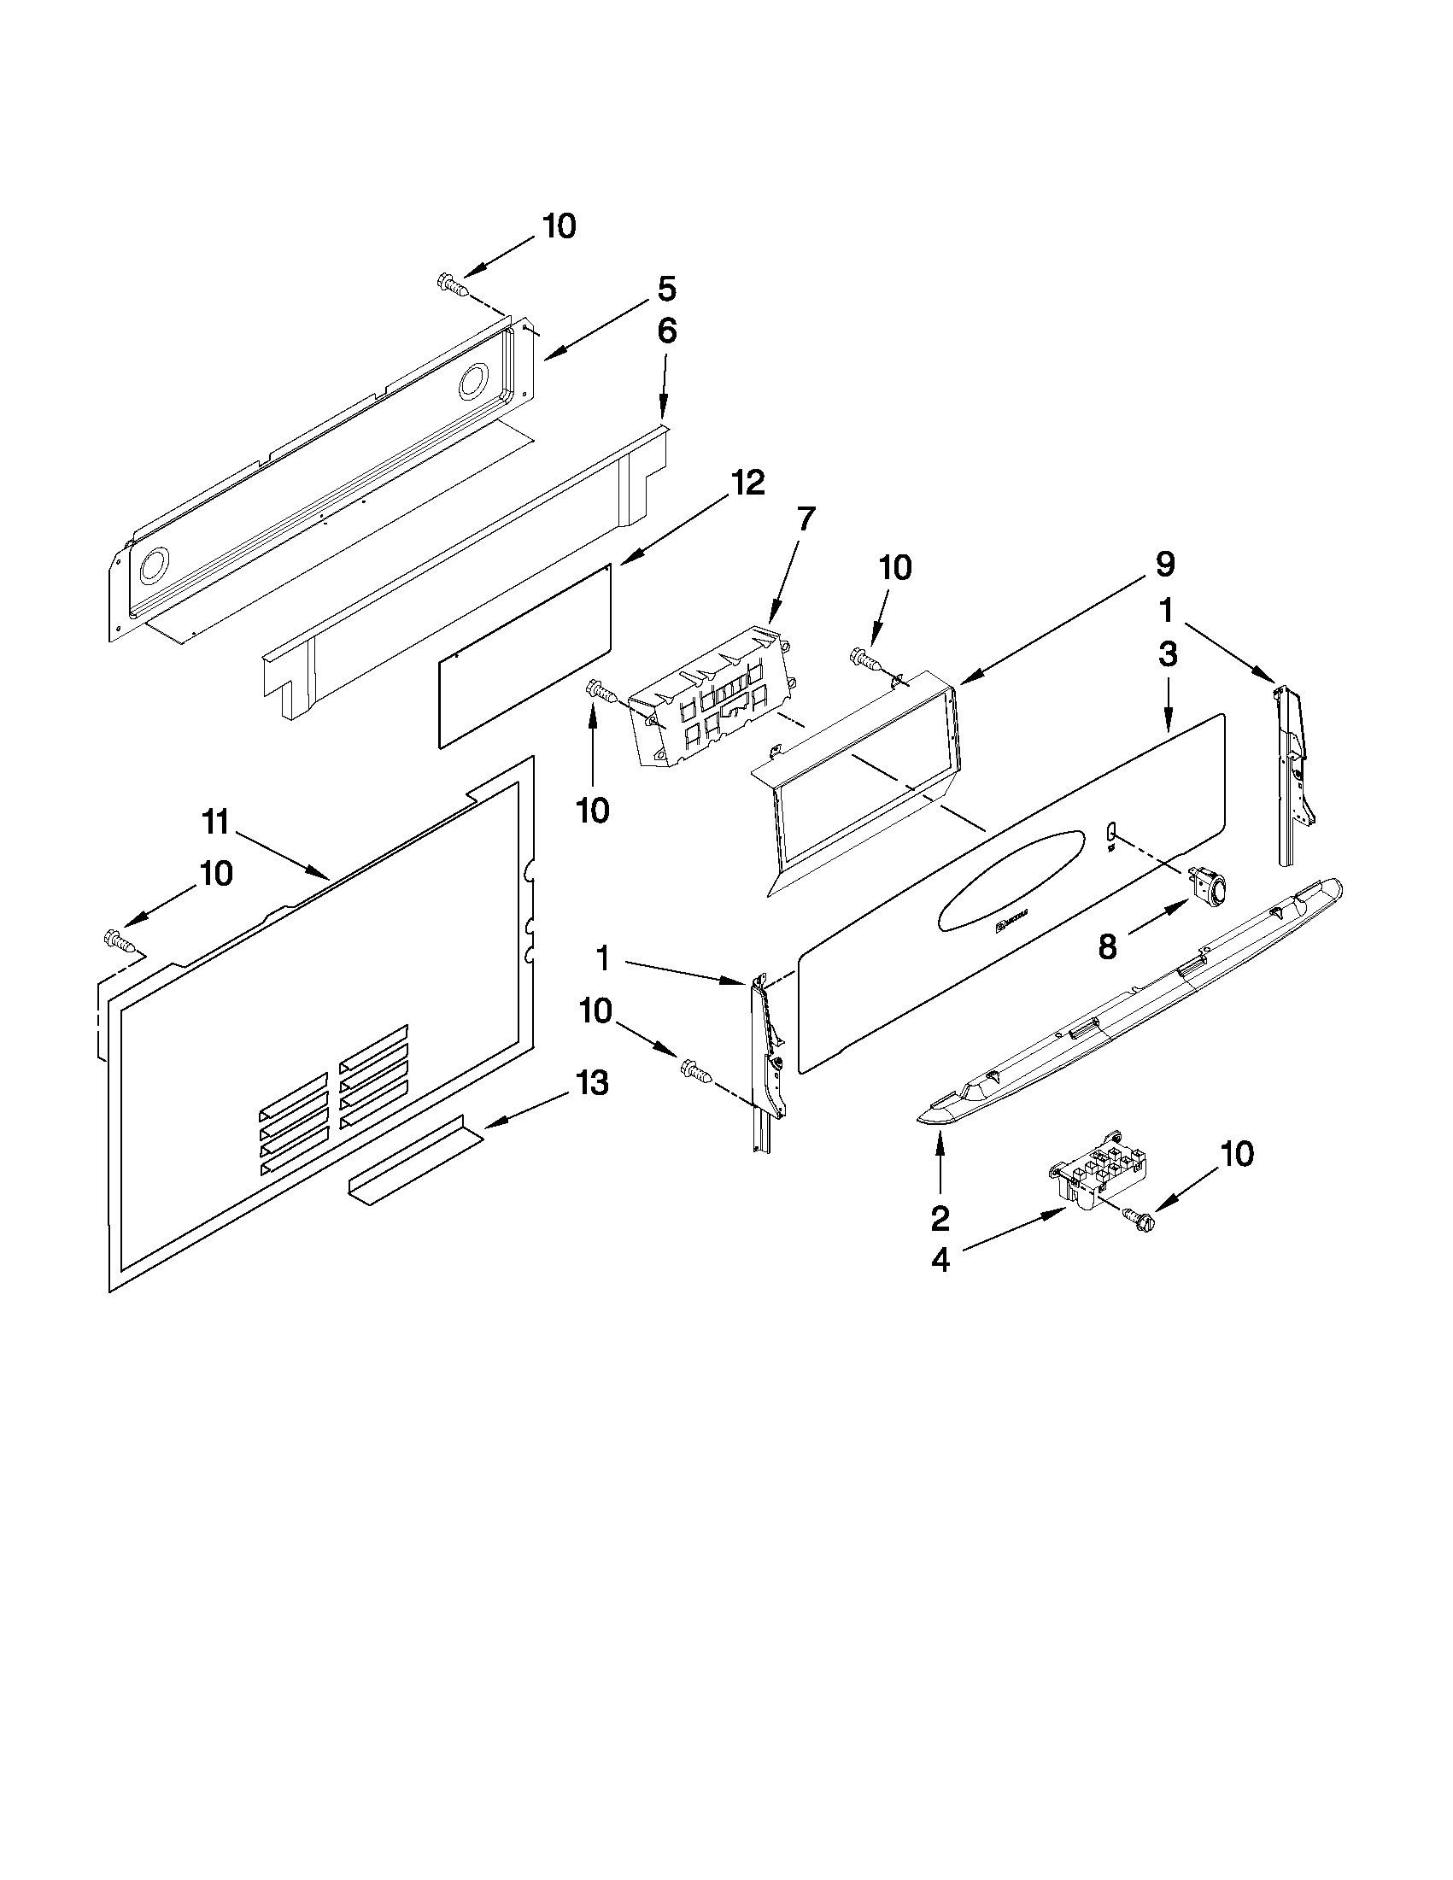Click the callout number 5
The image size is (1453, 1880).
(x=666, y=290)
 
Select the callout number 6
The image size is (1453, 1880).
(x=666, y=331)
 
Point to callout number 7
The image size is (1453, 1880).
(x=805, y=520)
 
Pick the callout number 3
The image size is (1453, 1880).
(x=1167, y=654)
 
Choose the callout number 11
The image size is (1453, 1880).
(x=216, y=823)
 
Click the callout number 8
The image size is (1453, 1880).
(x=1107, y=948)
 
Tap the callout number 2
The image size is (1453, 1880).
(x=940, y=1217)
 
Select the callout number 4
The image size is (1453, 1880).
(x=940, y=1260)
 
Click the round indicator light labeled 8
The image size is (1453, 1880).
(x=1208, y=888)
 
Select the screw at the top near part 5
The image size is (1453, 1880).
(x=454, y=285)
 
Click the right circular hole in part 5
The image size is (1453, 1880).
(x=472, y=381)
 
